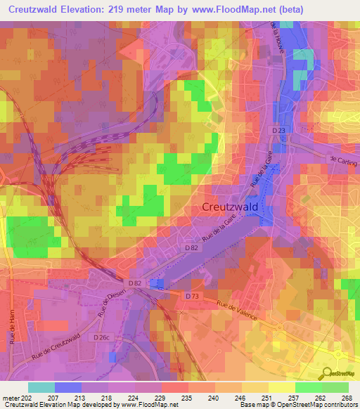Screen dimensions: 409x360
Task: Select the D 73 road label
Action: pyautogui.click(x=193, y=297)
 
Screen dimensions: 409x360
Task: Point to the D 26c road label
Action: pyautogui.click(x=103, y=338)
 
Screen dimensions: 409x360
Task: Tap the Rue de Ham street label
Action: pyautogui.click(x=13, y=327)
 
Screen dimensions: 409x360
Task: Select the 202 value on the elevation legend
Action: pyautogui.click(x=26, y=397)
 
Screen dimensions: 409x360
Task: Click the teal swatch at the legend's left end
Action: pyautogui.click(x=41, y=387)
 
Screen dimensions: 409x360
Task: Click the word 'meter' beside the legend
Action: pyautogui.click(x=10, y=397)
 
